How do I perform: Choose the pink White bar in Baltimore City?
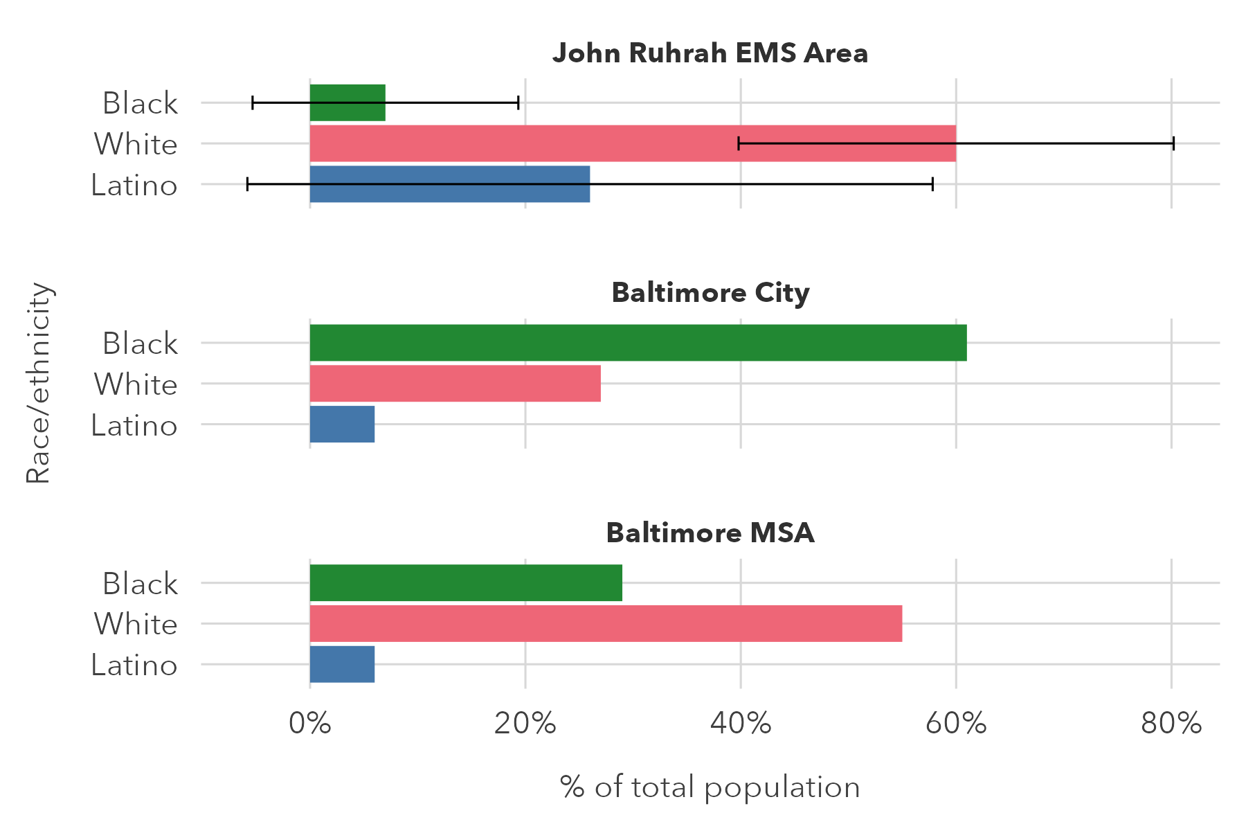tap(455, 384)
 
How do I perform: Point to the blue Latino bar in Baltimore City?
tap(342, 425)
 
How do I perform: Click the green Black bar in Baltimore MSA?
tap(466, 583)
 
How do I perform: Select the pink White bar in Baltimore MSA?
tap(606, 624)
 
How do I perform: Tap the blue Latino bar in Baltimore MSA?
tap(342, 665)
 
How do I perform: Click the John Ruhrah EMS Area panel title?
tap(710, 53)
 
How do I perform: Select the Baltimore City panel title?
tap(710, 293)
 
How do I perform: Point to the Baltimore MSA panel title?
tap(710, 533)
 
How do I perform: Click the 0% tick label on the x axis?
tap(309, 724)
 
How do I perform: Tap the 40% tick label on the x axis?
tap(741, 724)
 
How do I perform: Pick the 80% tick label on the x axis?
tap(1171, 724)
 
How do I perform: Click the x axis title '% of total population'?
tap(710, 787)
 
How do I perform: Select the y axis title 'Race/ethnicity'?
tap(39, 383)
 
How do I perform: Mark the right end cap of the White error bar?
tap(1173, 144)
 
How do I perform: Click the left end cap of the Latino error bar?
tap(248, 184)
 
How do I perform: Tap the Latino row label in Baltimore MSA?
tap(134, 665)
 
